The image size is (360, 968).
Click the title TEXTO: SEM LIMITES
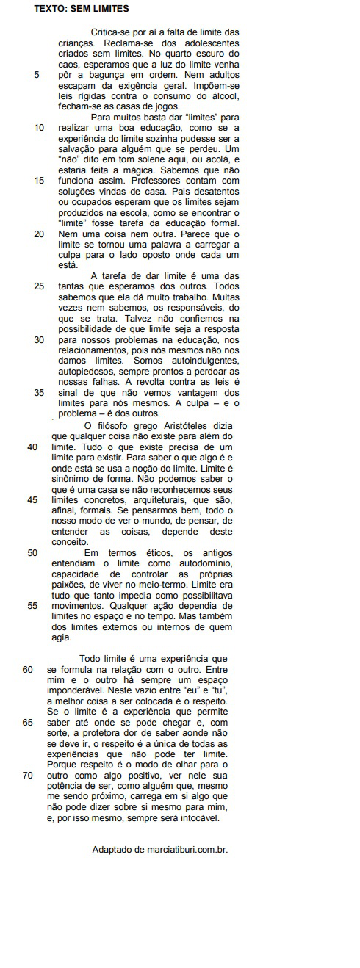[82, 10]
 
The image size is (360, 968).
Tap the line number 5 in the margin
[37, 75]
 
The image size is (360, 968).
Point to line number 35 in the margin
[39, 392]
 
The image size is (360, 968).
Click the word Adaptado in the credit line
[112, 850]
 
